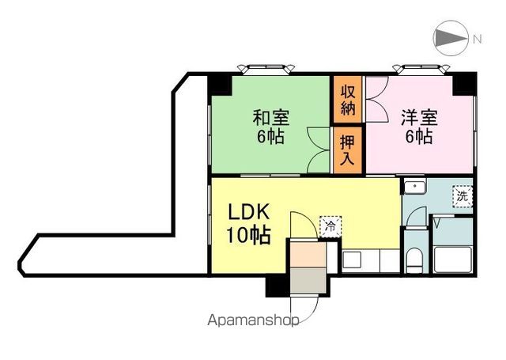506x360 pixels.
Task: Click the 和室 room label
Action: (271, 118)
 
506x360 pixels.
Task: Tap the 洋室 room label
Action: (420, 118)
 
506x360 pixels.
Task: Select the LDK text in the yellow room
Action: (249, 213)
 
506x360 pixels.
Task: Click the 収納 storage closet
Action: (348, 100)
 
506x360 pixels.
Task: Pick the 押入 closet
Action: (348, 150)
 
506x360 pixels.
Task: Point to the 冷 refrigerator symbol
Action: (330, 226)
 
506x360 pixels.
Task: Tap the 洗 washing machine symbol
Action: (463, 196)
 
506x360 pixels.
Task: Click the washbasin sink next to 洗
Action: (415, 188)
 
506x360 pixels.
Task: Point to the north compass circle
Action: (451, 38)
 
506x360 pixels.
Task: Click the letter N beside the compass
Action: (477, 39)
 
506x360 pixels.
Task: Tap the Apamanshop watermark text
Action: (253, 320)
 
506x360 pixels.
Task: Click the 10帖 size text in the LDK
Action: (248, 235)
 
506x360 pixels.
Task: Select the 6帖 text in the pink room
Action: (419, 137)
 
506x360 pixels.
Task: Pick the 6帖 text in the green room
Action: (270, 137)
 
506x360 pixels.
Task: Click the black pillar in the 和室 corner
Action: (220, 85)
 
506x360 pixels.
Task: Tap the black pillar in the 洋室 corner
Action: (465, 85)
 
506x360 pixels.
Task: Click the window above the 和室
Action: (266, 69)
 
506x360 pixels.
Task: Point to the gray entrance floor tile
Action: (308, 280)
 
